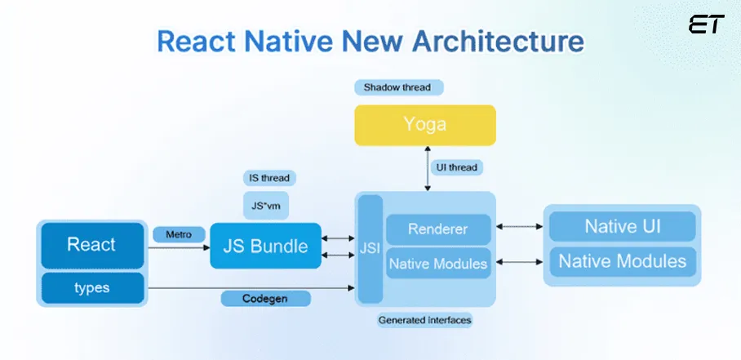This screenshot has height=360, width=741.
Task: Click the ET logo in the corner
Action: coord(706,24)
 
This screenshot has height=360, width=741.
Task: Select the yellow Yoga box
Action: coord(425,125)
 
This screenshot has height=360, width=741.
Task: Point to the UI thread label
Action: coord(457,167)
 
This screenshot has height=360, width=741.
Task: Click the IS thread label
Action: coord(268,177)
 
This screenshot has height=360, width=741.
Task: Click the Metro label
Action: coord(178,235)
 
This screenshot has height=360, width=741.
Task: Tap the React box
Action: coord(91,244)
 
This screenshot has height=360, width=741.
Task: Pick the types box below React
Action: coord(91,288)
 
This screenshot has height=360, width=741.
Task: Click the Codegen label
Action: coord(265,299)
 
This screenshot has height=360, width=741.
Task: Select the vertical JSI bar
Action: coord(370,250)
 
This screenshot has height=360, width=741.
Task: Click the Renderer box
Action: coord(437,229)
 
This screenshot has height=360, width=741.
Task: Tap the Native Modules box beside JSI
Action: coord(437,264)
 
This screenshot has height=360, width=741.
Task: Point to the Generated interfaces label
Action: coord(424,320)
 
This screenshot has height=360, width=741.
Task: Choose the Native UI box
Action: coord(622,226)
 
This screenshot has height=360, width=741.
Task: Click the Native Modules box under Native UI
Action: coord(622,262)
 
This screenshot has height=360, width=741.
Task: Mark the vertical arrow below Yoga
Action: coord(425,167)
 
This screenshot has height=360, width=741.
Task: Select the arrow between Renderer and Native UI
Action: coord(519,229)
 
